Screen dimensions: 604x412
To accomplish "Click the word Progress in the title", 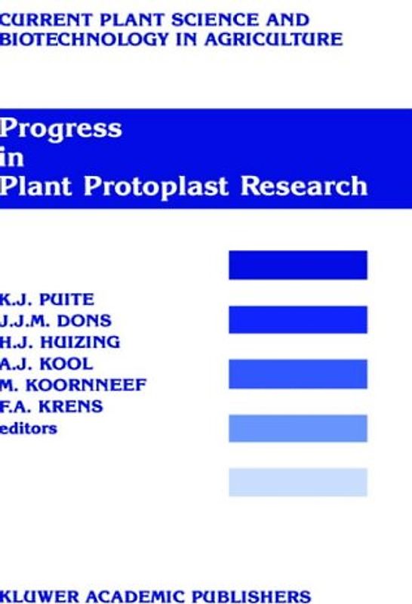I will [60, 129].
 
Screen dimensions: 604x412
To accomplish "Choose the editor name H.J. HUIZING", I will [60, 342].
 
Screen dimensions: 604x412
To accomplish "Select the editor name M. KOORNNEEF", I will [73, 386].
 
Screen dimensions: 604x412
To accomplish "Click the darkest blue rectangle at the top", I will [297, 265].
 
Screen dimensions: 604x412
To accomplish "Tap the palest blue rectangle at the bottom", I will [297, 482].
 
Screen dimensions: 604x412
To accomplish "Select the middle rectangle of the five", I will [297, 374].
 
